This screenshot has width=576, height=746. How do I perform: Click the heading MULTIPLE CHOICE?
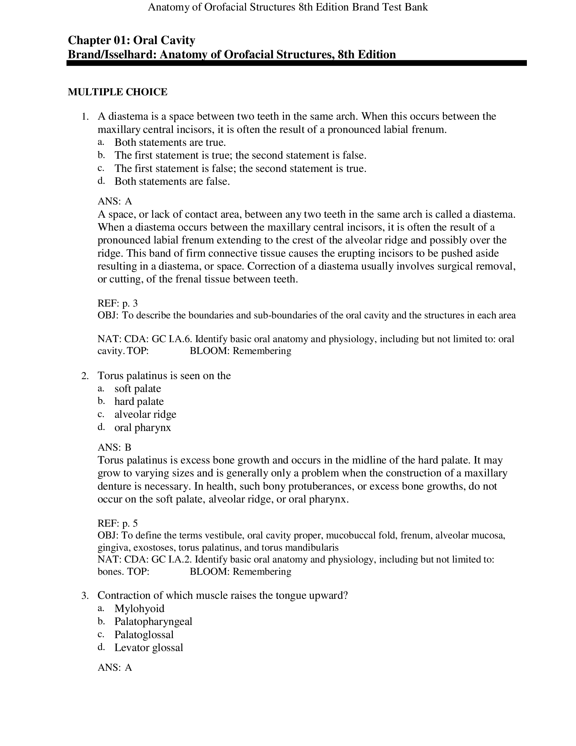pyautogui.click(x=117, y=92)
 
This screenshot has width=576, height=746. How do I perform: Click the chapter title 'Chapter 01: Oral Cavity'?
pyautogui.click(x=131, y=40)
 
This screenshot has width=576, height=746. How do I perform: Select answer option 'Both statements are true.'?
pyautogui.click(x=170, y=142)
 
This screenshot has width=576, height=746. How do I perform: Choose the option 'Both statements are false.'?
pyautogui.click(x=172, y=181)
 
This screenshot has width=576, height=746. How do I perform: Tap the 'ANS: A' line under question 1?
pyautogui.click(x=115, y=201)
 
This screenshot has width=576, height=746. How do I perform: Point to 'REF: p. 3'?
pyautogui.click(x=117, y=303)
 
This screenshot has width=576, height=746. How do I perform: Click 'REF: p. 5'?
pyautogui.click(x=117, y=523)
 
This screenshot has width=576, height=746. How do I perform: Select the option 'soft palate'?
pyautogui.click(x=138, y=388)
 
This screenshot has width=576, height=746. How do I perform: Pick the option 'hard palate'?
pyautogui.click(x=139, y=401)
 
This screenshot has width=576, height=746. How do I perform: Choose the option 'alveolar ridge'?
pyautogui.click(x=145, y=414)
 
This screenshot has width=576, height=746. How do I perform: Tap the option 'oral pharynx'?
pyautogui.click(x=143, y=427)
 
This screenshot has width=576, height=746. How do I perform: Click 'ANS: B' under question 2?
pyautogui.click(x=114, y=447)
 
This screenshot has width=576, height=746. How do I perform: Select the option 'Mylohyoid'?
pyautogui.click(x=139, y=608)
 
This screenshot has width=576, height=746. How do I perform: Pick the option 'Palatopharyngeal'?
pyautogui.click(x=153, y=621)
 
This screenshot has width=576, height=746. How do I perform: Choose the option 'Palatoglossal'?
pyautogui.click(x=144, y=634)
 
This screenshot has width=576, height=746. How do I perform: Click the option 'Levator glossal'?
pyautogui.click(x=149, y=647)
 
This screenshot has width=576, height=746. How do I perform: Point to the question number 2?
pyautogui.click(x=85, y=376)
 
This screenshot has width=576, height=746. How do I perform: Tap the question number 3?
pyautogui.click(x=85, y=596)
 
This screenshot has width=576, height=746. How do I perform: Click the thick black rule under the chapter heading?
pyautogui.click(x=296, y=63)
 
